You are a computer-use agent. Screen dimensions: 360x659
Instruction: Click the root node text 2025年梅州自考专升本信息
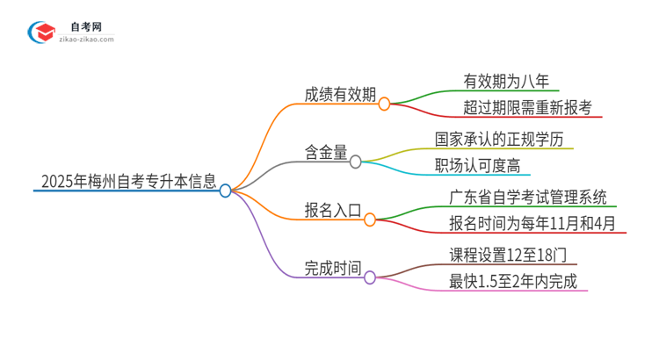128,183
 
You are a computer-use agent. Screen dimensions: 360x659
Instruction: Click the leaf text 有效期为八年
506,82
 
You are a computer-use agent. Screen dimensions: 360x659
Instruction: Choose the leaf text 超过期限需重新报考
527,108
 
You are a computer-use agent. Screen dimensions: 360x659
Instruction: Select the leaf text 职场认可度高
482,165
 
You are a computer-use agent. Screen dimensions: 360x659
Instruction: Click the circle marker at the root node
226,190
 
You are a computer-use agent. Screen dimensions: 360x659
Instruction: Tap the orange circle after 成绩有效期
384,104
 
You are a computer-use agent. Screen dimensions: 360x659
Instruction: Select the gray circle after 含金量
356,162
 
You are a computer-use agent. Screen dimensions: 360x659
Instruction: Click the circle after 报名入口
370,219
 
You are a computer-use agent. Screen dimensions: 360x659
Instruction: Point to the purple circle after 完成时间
370,277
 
